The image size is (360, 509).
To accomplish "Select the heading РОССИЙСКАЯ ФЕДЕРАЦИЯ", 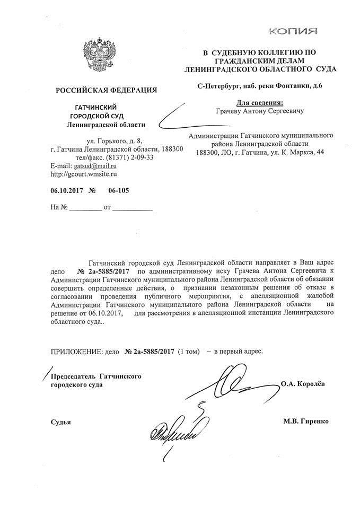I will coord(106,90).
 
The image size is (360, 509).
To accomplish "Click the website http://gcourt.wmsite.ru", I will coord(83,173).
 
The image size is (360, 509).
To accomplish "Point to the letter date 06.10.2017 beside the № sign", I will coord(66,190).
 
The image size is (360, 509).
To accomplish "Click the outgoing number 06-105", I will coord(118,190).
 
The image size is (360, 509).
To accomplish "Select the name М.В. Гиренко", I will coord(306,421).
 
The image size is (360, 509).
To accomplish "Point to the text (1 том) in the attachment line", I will coord(190,351).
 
